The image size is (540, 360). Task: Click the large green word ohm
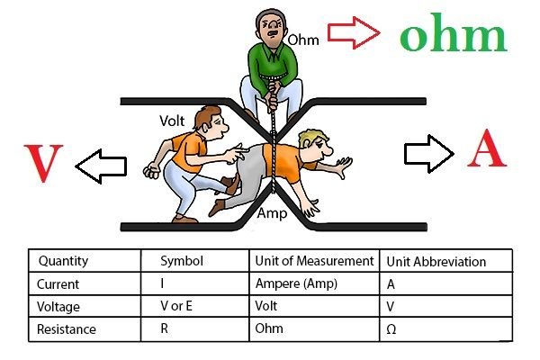(454, 36)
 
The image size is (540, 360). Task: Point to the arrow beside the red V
(100, 165)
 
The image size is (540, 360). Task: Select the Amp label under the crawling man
(272, 214)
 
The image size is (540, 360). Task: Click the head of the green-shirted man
(270, 29)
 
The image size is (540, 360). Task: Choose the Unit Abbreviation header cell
(436, 262)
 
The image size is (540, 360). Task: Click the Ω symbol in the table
(391, 330)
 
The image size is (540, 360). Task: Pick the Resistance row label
(67, 329)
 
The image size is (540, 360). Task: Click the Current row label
(58, 284)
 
